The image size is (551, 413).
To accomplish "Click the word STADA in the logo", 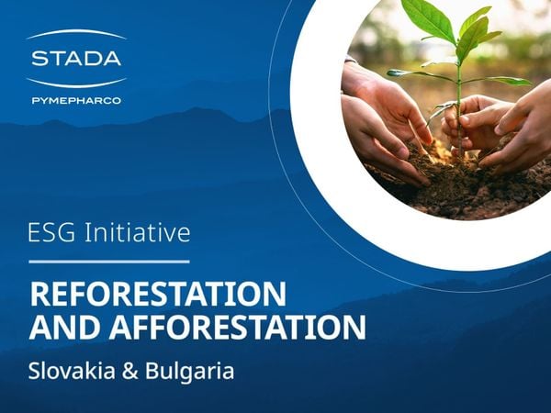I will (x=75, y=59).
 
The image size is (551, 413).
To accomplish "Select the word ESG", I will (x=53, y=233).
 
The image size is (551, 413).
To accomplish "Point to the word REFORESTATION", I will (x=157, y=295).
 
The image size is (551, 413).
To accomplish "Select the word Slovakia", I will (x=66, y=372).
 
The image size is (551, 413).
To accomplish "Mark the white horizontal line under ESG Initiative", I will (x=109, y=262).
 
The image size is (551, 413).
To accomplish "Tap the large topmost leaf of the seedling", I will (x=429, y=18).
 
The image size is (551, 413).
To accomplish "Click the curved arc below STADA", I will (x=75, y=81).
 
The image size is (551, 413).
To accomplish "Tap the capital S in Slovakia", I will (x=34, y=372).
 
